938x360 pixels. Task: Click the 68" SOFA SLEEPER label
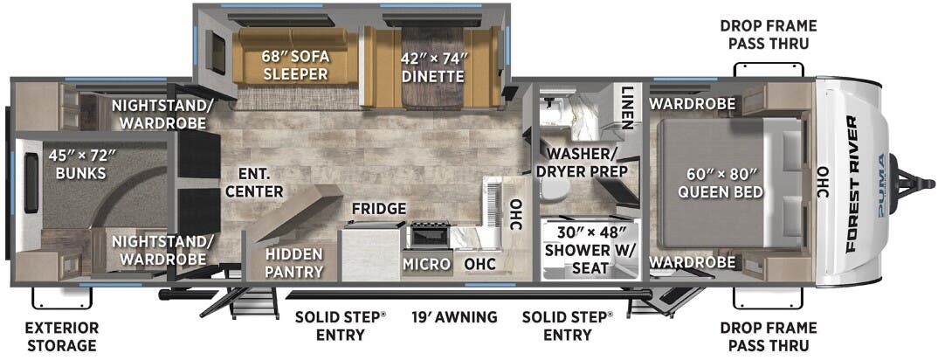click(x=296, y=66)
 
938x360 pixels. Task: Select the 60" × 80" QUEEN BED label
click(x=725, y=183)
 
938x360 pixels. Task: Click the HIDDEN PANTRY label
click(x=293, y=263)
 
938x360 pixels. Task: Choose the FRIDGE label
click(x=379, y=209)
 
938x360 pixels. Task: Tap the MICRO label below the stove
click(x=426, y=264)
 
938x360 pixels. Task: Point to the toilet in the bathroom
click(x=555, y=189)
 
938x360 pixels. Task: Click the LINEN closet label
click(x=626, y=108)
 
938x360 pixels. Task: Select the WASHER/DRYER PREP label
click(x=582, y=162)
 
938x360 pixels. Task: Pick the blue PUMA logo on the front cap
click(x=881, y=184)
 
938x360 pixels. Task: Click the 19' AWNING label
click(x=455, y=317)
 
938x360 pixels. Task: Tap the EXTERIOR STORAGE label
click(x=62, y=336)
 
